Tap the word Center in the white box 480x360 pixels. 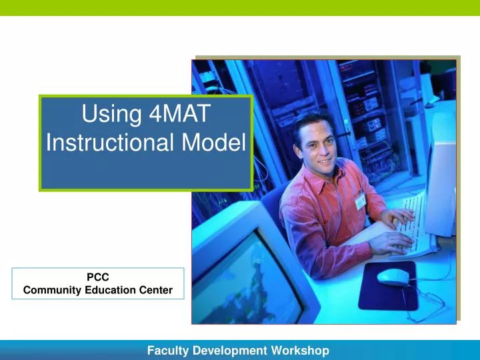coord(157,289)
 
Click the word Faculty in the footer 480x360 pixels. coord(167,350)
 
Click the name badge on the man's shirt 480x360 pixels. coord(360,201)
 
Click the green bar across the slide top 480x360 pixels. coord(240,7)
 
